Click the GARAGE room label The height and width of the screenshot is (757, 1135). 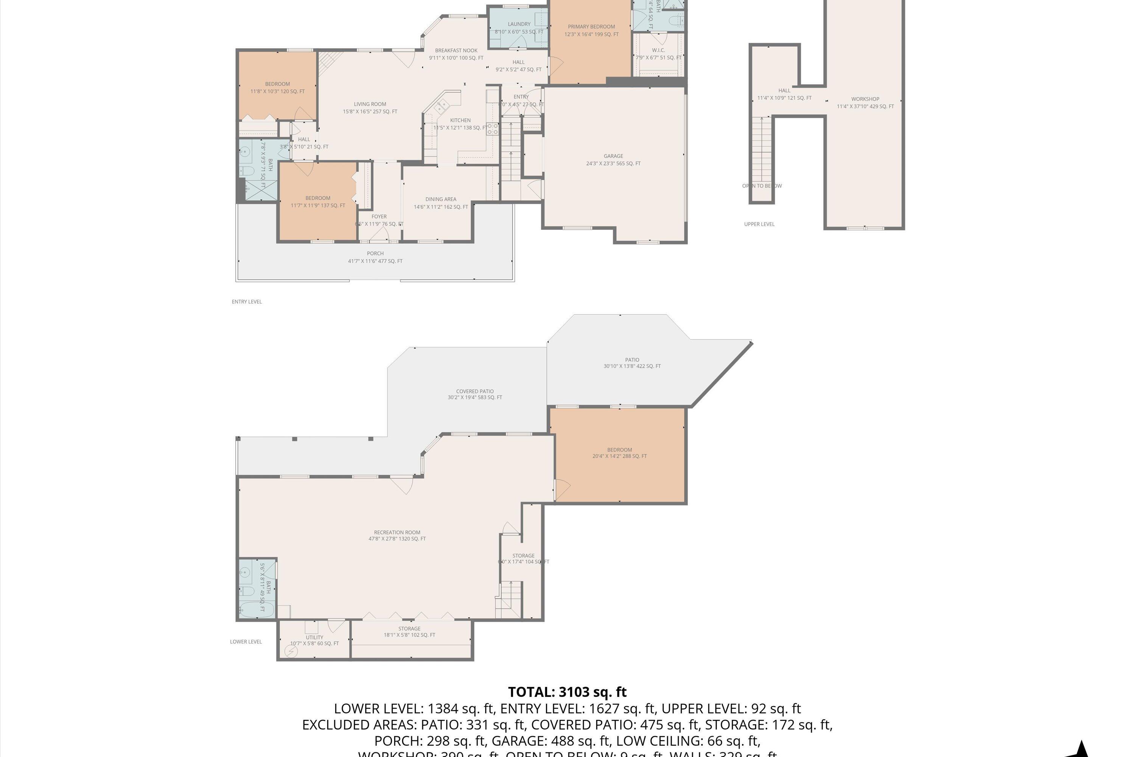click(613, 156)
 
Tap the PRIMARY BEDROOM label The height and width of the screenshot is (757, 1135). click(591, 27)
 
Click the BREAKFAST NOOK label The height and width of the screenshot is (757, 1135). click(456, 51)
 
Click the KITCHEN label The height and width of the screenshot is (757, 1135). click(460, 121)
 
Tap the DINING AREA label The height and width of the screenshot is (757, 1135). click(441, 199)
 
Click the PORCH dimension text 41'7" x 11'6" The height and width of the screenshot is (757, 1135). click(375, 261)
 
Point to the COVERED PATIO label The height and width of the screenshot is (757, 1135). click(474, 391)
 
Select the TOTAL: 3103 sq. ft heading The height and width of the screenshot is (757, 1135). click(567, 692)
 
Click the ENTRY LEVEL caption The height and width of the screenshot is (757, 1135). click(247, 302)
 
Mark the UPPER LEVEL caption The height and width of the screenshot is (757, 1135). click(759, 224)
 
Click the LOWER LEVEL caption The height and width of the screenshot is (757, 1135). click(246, 642)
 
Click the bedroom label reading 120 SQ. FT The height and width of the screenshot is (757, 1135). click(277, 91)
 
